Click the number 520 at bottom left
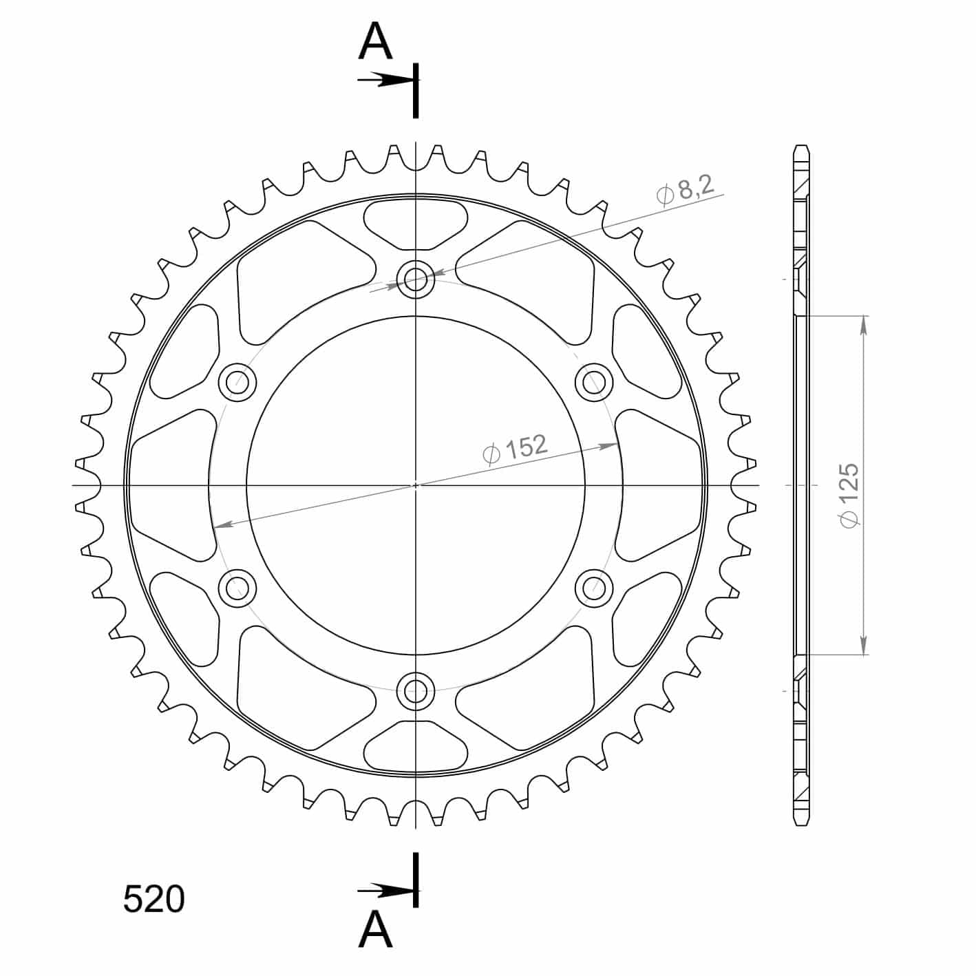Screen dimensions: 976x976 [154, 900]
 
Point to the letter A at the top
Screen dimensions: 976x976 [375, 41]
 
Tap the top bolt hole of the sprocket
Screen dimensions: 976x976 [416, 279]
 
